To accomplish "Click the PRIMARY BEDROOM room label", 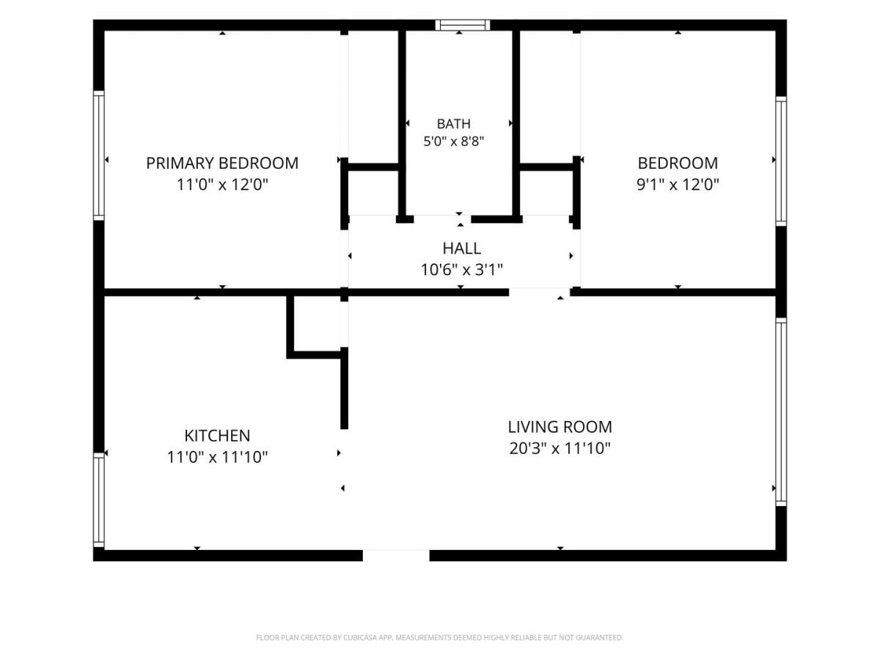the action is pos(221,163).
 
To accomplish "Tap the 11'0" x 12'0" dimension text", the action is pos(222,185).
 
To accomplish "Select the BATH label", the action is pos(453,124).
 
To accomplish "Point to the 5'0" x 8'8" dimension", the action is pos(453,142).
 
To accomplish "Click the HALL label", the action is pos(461,249).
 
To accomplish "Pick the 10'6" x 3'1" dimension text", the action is pos(461,270).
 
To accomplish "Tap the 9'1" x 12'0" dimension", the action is pos(678,185).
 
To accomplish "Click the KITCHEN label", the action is pos(217,436).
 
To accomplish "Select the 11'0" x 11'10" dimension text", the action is pos(217,457).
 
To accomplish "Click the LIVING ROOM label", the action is pos(560,427).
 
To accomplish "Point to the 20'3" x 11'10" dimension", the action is pos(560,448).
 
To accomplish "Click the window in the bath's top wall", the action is pos(462,25).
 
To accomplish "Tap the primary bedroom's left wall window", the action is pos(98,155).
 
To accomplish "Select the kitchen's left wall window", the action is pos(98,500).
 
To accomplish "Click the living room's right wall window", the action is pos(780,411).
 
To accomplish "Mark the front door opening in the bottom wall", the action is pos(396,555).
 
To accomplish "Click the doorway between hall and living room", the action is pos(540,292).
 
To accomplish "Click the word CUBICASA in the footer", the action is pos(359,638).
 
